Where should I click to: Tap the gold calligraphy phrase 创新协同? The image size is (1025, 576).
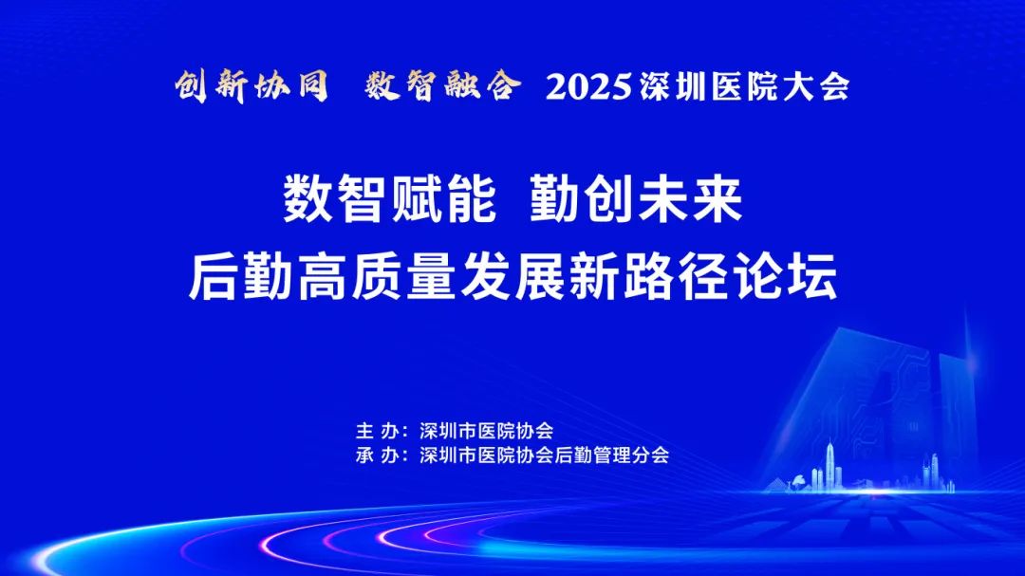pyautogui.click(x=252, y=86)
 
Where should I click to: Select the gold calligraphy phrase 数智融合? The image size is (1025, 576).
pyautogui.click(x=443, y=85)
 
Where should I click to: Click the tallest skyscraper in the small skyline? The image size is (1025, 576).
pyautogui.click(x=830, y=465)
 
